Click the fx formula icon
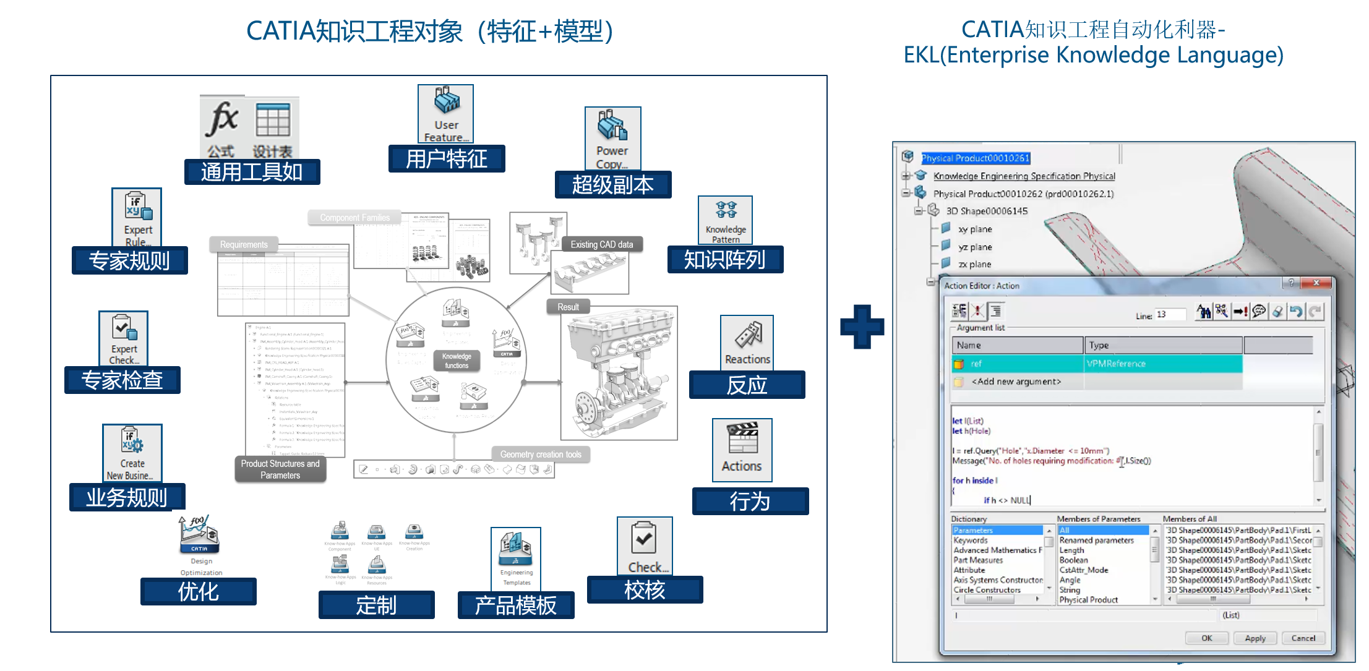click(x=222, y=121)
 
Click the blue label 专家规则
click(x=129, y=261)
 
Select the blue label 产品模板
click(x=515, y=605)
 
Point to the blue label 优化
click(x=198, y=592)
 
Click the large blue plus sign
click(x=862, y=326)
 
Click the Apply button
click(x=1255, y=638)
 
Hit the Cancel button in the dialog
click(x=1303, y=638)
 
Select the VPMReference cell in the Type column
click(x=1163, y=364)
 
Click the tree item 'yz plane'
click(x=975, y=247)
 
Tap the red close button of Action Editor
click(x=1317, y=283)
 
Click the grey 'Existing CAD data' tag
click(x=601, y=244)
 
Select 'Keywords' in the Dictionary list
click(x=971, y=541)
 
